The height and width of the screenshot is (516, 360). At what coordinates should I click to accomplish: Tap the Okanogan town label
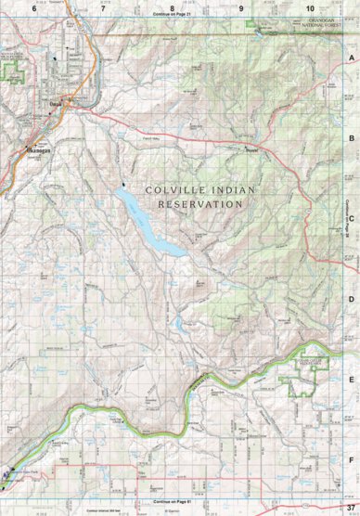point(34,148)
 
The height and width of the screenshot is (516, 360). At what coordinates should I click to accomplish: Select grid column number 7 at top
point(102,7)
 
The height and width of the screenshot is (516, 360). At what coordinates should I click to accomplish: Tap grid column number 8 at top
point(172,7)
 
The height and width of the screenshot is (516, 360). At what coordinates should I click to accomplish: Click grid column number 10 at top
point(309,7)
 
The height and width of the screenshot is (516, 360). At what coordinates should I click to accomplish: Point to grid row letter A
point(352,58)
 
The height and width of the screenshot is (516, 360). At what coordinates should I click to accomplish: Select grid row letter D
point(352,299)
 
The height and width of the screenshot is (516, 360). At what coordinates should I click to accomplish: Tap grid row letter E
point(352,379)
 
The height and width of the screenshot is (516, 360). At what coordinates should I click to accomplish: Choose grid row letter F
point(352,459)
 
